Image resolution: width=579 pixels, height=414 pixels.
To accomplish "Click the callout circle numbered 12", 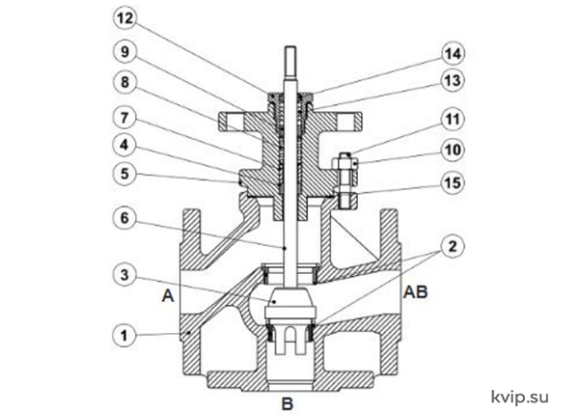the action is (x=124, y=18).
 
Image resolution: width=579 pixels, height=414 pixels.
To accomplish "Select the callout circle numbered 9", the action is (x=124, y=52).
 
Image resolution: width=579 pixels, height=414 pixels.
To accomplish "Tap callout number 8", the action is (x=124, y=82).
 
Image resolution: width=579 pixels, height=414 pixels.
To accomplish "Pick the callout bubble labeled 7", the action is (x=124, y=118).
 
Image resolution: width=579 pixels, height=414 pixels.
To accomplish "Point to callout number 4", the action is (x=124, y=145).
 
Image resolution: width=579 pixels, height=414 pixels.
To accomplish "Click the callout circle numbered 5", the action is (x=124, y=174).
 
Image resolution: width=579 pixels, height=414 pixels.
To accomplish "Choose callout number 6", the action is (x=124, y=218).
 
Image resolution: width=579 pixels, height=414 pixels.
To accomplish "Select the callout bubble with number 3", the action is (x=124, y=275).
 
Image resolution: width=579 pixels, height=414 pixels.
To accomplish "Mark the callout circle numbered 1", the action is (x=124, y=336).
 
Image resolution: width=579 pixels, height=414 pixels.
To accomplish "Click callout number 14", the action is (x=453, y=54).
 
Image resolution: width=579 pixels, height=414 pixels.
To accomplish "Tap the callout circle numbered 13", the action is (x=453, y=80).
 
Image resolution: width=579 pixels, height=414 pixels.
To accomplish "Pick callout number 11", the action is (x=453, y=120).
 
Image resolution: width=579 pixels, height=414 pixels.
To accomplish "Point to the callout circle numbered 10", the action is (x=453, y=150).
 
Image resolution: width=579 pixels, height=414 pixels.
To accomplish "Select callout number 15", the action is (x=453, y=182).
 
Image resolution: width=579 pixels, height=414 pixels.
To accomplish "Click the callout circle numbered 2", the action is (x=453, y=246).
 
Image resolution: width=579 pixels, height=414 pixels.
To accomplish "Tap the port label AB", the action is (x=415, y=292).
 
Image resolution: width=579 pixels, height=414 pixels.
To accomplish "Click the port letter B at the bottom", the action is (x=288, y=403).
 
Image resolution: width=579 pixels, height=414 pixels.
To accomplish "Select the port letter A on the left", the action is (x=168, y=295).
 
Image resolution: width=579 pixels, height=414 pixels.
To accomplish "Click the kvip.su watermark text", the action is (x=520, y=398).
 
